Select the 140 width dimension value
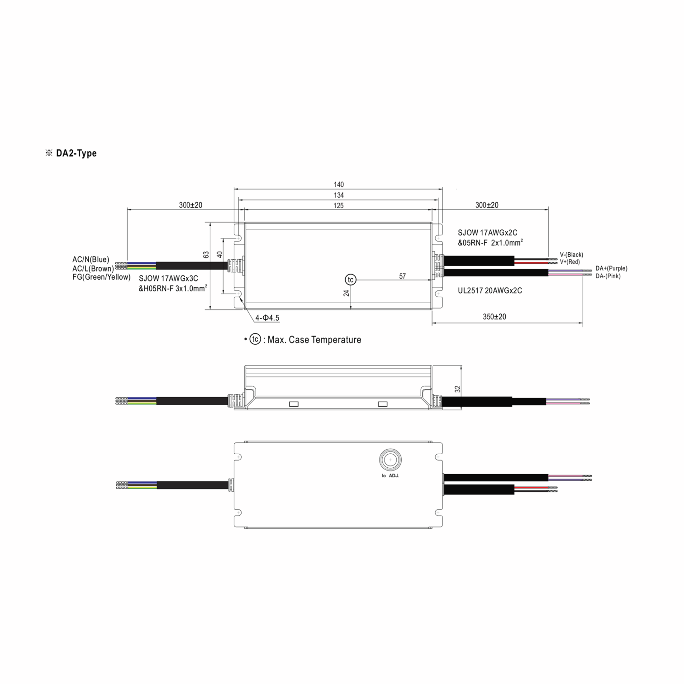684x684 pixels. click(339, 184)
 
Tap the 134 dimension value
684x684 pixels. click(339, 195)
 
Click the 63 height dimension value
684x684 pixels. click(206, 255)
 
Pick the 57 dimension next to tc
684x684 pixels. click(402, 276)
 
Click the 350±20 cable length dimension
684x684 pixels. click(494, 317)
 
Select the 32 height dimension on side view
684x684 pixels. click(457, 389)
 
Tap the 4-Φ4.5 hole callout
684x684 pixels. click(267, 318)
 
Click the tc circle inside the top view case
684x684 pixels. click(351, 280)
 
